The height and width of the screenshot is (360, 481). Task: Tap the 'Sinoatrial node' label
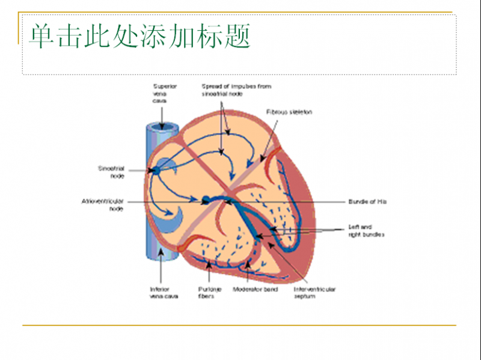pyautogui.click(x=111, y=172)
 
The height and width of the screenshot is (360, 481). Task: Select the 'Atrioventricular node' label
pyautogui.click(x=103, y=205)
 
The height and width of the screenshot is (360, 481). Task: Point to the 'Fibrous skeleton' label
pyautogui.click(x=289, y=112)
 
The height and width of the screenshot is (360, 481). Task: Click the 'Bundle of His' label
pyautogui.click(x=367, y=201)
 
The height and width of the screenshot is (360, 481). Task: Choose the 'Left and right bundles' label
pyautogui.click(x=366, y=231)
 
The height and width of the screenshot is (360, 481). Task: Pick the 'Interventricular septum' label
pyautogui.click(x=314, y=293)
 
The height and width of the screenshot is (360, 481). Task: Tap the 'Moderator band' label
pyautogui.click(x=262, y=290)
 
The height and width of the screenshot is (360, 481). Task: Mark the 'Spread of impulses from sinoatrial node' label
pyautogui.click(x=236, y=90)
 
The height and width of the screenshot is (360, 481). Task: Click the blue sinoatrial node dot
pyautogui.click(x=156, y=171)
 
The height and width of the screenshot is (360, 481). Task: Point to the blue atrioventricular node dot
pyautogui.click(x=206, y=200)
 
